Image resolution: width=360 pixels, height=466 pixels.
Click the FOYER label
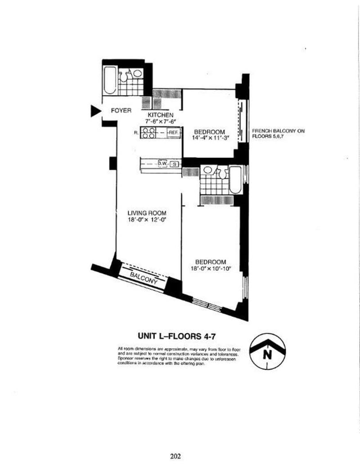(121, 111)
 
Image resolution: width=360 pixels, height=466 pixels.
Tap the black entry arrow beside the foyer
(94, 111)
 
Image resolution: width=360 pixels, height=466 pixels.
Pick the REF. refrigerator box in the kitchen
(174, 133)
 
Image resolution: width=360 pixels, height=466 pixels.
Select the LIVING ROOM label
(147, 213)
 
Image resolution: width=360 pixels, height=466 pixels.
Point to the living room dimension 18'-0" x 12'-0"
(147, 220)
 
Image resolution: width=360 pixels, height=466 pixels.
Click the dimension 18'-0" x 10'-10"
(210, 269)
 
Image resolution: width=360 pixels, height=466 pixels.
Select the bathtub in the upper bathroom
(110, 80)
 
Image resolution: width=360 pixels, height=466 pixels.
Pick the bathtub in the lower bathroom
(236, 180)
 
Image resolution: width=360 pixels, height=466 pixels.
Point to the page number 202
(175, 457)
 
